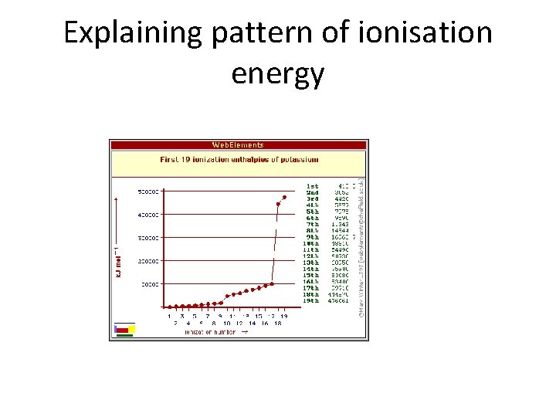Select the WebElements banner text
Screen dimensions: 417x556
coord(238,144)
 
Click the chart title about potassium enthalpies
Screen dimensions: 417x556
coord(239,160)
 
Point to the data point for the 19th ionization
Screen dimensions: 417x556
coord(284,197)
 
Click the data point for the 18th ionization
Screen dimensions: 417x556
coord(278,205)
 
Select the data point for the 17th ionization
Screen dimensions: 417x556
coord(272,284)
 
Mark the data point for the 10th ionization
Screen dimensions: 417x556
coord(227,296)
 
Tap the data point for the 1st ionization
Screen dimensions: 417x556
coord(169,307)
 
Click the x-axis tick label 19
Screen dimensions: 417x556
coord(284,316)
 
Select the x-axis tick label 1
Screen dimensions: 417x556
coord(169,316)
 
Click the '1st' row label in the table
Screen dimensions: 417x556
coord(312,186)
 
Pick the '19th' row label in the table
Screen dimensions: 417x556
coord(310,301)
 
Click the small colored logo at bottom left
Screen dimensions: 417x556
coord(124,331)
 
